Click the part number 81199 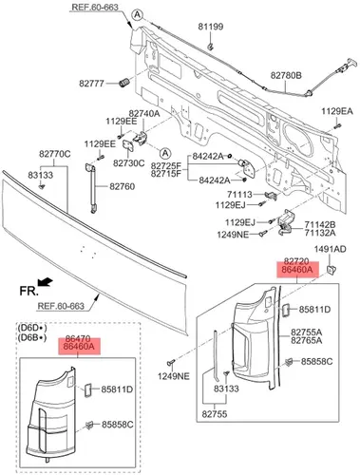[x=211, y=27]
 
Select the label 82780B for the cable [x=286, y=75]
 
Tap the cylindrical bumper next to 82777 [x=124, y=83]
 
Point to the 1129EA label [x=337, y=111]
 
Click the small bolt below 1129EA [x=337, y=126]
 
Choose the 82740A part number [x=144, y=113]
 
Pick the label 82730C [x=129, y=163]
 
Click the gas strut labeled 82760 [x=91, y=188]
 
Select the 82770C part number [x=55, y=154]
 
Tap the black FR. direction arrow [x=45, y=281]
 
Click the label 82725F [x=166, y=165]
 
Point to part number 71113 [x=239, y=194]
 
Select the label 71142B [x=320, y=225]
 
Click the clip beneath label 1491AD [x=332, y=270]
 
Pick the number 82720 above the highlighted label [x=296, y=261]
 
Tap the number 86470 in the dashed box [x=78, y=338]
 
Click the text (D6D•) [x=32, y=328]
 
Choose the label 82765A [x=307, y=340]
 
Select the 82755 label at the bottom [x=215, y=414]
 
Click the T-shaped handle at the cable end [x=351, y=63]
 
